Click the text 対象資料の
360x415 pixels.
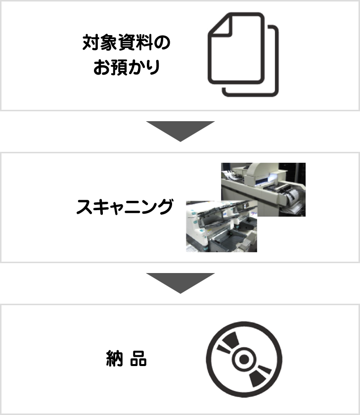[x=127, y=43]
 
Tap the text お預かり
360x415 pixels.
[x=127, y=67]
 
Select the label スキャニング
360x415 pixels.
[x=125, y=206]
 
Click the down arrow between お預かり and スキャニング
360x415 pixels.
[x=180, y=131]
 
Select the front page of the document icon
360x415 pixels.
[x=236, y=48]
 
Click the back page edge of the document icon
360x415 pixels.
[x=276, y=61]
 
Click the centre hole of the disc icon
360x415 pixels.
[x=244, y=359]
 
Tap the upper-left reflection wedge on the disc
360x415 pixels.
[x=228, y=343]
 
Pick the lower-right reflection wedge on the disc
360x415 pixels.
[x=260, y=376]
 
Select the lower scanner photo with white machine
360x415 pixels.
[x=222, y=226]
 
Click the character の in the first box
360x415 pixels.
[x=162, y=43]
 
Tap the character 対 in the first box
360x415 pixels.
[x=90, y=43]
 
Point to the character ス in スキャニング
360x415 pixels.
[x=85, y=207]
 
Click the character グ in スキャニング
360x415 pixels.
[x=165, y=206]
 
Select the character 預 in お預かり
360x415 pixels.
[x=118, y=67]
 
